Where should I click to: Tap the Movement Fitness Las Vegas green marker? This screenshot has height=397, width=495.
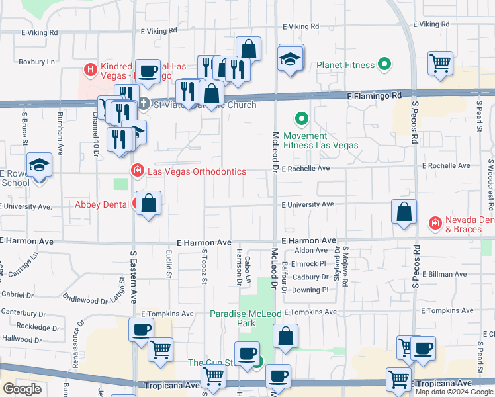coord(302,120)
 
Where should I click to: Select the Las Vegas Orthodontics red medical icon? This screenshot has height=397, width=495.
coord(138,171)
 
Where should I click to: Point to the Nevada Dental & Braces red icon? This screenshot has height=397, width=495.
coord(435,224)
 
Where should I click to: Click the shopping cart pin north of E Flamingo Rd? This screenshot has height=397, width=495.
coord(440,64)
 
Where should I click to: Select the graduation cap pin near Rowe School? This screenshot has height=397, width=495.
coord(39,165)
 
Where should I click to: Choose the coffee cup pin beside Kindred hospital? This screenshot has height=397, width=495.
coord(148,71)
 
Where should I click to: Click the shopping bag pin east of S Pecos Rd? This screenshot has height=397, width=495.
coord(404,212)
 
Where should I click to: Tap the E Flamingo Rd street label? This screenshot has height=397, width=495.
coord(375,96)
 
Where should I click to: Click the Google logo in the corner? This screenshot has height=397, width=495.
coord(22,389)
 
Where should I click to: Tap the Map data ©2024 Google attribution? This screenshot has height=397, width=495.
coord(453,392)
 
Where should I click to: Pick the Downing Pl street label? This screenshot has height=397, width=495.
coord(310,290)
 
